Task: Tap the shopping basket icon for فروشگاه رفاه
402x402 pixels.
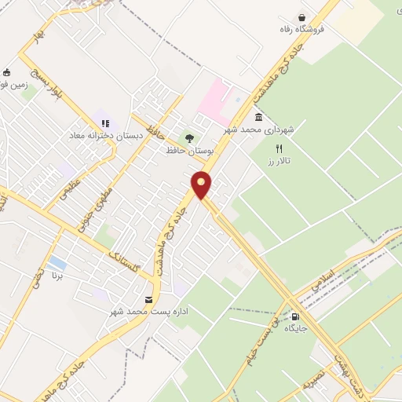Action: pyautogui.click(x=301, y=17)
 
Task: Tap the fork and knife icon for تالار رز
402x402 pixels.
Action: pyautogui.click(x=278, y=148)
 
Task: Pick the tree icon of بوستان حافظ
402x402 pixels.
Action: pyautogui.click(x=188, y=138)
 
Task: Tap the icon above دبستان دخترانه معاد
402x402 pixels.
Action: pyautogui.click(x=105, y=122)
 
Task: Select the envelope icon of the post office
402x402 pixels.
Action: pyautogui.click(x=149, y=300)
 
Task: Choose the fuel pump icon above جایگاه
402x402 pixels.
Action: pyautogui.click(x=296, y=316)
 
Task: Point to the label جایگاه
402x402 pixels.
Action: pyautogui.click(x=296, y=328)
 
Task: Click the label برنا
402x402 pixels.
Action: pyautogui.click(x=57, y=277)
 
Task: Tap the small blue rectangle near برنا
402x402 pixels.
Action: pyautogui.click(x=57, y=261)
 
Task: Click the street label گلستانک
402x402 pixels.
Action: pyautogui.click(x=124, y=261)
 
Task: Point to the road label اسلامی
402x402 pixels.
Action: pyautogui.click(x=323, y=283)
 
